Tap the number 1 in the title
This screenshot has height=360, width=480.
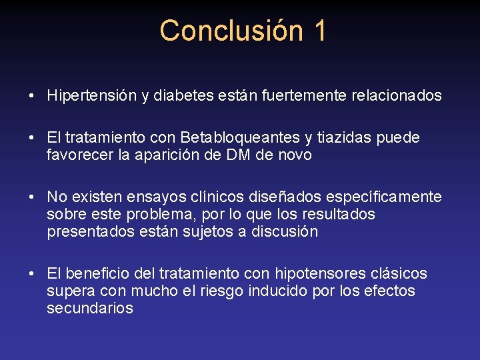(x=319, y=31)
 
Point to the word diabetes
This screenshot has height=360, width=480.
(x=184, y=96)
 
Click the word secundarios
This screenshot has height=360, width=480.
(x=90, y=309)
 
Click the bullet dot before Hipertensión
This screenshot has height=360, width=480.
(x=32, y=96)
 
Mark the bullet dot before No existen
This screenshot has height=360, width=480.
(x=32, y=197)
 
